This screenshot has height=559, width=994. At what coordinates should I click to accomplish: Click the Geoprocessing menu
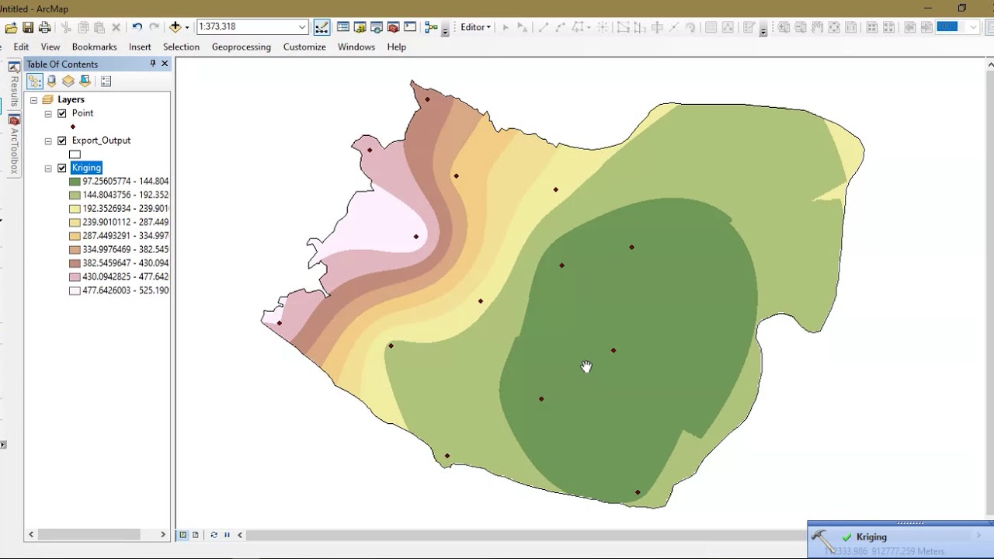pos(241,47)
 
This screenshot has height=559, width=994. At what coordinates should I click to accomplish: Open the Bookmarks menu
pos(94,47)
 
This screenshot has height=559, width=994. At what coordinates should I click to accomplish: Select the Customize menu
pos(304,47)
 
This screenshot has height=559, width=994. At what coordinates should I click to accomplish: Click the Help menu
pos(396,47)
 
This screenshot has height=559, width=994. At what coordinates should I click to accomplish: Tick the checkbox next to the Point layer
pos(62,113)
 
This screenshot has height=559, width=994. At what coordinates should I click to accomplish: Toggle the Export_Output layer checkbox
pos(62,141)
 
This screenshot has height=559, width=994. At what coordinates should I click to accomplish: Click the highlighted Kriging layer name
pos(86,168)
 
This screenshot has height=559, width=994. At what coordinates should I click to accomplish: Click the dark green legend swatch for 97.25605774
pos(75,182)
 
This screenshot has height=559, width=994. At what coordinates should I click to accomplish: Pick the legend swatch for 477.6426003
pos(75,291)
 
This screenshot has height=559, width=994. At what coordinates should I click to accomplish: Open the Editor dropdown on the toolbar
pos(475,27)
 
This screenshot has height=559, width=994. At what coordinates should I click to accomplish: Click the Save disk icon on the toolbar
pos(28,27)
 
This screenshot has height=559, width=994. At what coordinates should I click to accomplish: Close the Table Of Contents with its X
pos(165,64)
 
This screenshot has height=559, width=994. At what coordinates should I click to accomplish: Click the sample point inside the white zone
pos(416,237)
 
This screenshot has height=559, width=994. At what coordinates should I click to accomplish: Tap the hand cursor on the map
pos(586,366)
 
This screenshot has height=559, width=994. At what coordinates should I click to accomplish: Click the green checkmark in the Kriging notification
pos(846,536)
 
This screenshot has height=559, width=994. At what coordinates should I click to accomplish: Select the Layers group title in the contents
pos(71,99)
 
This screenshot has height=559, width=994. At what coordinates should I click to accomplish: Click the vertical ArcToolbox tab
pos(14,148)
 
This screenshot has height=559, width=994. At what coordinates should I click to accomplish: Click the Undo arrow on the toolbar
pos(137,27)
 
